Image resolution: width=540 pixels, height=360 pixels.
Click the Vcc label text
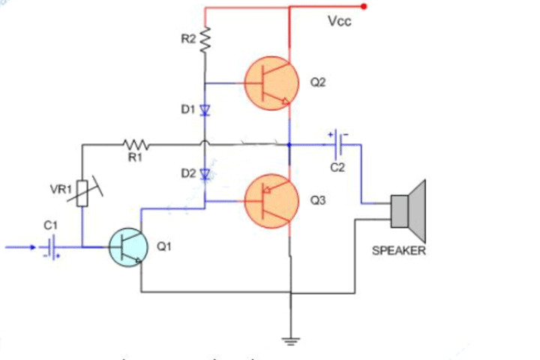point(340,22)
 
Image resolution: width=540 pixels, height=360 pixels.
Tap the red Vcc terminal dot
point(364,7)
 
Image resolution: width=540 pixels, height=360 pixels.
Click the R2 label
point(188,39)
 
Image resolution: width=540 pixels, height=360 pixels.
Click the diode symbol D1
point(204,110)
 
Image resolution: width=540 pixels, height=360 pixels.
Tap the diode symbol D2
point(204,174)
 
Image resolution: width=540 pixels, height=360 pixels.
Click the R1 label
point(136,157)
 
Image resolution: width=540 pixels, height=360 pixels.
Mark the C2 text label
point(337,166)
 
